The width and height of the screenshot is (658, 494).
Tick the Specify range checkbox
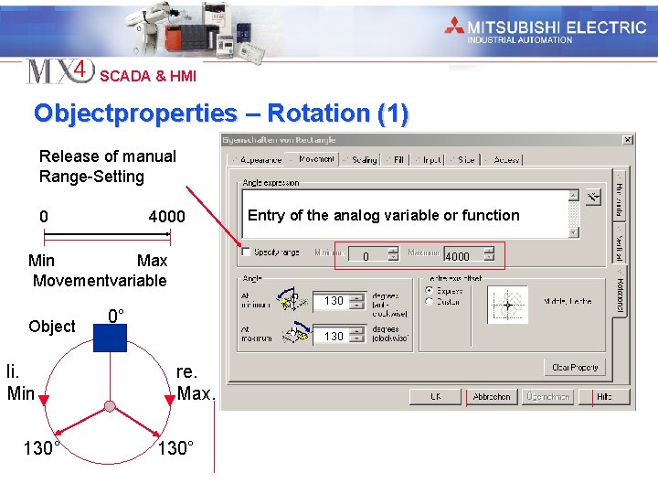pos(246,252)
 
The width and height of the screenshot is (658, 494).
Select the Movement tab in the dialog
pos(315,159)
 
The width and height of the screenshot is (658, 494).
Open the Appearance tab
pos(260,159)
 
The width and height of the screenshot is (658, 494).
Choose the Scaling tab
pos(363,159)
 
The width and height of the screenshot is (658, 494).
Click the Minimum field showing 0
pos(366,256)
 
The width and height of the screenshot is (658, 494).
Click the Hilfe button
pos(604,397)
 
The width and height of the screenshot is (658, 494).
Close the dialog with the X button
pos(628,140)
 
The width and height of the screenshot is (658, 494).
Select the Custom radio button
pos(430,302)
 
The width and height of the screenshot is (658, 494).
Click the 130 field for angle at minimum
pos(334,301)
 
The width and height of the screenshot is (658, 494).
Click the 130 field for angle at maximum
pos(334,337)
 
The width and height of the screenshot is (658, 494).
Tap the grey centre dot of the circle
pos(110,405)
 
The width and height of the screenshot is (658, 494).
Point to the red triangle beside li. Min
pos(44,399)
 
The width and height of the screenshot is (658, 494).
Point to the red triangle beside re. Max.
pos(171,399)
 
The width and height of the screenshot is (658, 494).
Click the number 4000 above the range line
pos(166,217)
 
